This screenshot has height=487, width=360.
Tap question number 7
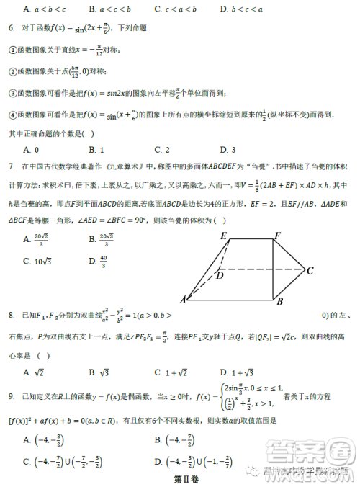click(x=12, y=166)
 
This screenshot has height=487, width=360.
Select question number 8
click(x=12, y=315)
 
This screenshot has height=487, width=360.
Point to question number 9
click(x=12, y=397)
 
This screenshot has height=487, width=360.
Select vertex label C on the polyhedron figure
click(x=310, y=271)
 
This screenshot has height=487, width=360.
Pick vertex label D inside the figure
click(x=220, y=274)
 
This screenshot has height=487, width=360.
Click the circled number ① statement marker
click(x=12, y=50)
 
